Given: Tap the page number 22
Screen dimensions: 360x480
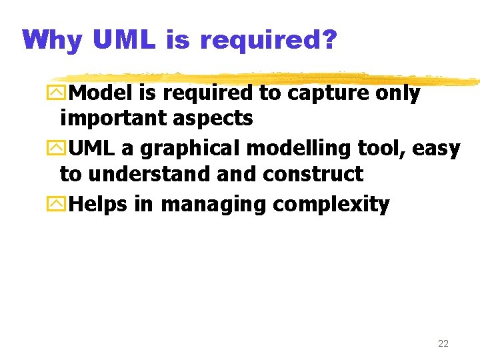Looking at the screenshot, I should (x=443, y=344).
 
